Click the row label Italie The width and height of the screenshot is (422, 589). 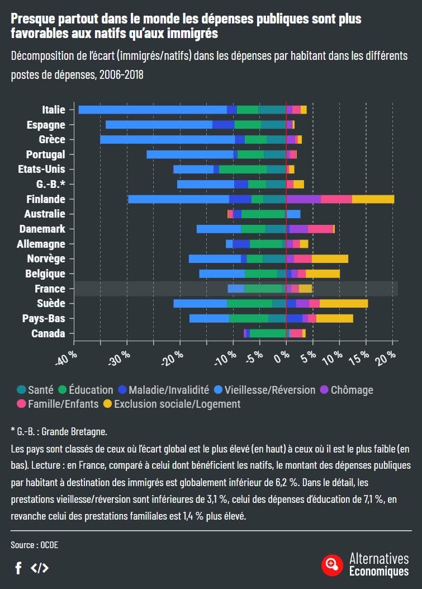pyautogui.click(x=54, y=110)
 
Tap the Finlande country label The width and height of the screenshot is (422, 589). pyautogui.click(x=46, y=199)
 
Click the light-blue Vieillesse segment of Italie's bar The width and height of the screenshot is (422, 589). pyautogui.click(x=152, y=110)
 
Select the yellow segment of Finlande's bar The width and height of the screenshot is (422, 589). pyautogui.click(x=373, y=199)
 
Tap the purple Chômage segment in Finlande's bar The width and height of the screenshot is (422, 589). pyautogui.click(x=304, y=199)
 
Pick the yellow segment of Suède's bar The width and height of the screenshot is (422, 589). pyautogui.click(x=344, y=303)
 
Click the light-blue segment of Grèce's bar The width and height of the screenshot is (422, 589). pyautogui.click(x=168, y=139)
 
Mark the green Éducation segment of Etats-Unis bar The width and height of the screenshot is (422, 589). pyautogui.click(x=243, y=169)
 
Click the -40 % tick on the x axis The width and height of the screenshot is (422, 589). pyautogui.click(x=66, y=359)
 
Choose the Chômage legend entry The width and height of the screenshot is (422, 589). pyautogui.click(x=346, y=390)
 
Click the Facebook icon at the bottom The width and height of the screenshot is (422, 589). pyautogui.click(x=18, y=568)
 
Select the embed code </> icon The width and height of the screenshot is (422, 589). pyautogui.click(x=40, y=568)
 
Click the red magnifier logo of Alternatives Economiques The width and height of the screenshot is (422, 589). pyautogui.click(x=332, y=564)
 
